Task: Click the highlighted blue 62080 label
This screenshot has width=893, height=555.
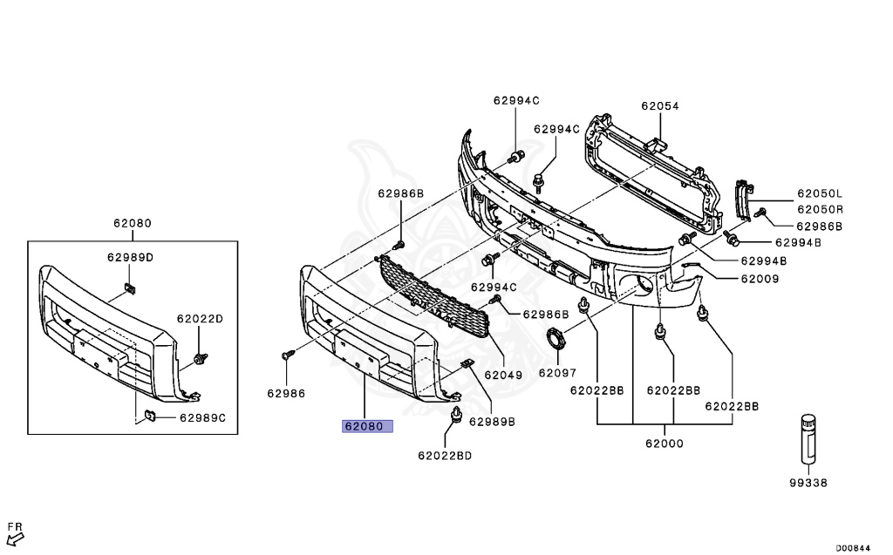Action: tap(367, 427)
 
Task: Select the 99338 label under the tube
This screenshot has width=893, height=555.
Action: tap(808, 482)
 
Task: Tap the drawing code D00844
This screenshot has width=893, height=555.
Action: tap(854, 548)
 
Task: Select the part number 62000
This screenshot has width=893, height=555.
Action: tap(665, 443)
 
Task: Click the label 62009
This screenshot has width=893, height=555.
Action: tap(760, 279)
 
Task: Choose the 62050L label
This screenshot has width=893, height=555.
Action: tap(819, 194)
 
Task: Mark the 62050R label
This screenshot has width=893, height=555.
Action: tap(819, 210)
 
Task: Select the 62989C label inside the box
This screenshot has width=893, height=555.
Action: tap(202, 417)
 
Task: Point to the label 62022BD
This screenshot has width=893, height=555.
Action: tap(444, 455)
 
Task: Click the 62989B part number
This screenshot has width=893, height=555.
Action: tap(492, 422)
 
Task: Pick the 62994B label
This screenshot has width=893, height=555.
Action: tap(764, 261)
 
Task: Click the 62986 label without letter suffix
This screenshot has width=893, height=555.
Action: tap(286, 393)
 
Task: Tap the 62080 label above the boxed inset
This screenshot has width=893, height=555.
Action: tap(132, 223)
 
